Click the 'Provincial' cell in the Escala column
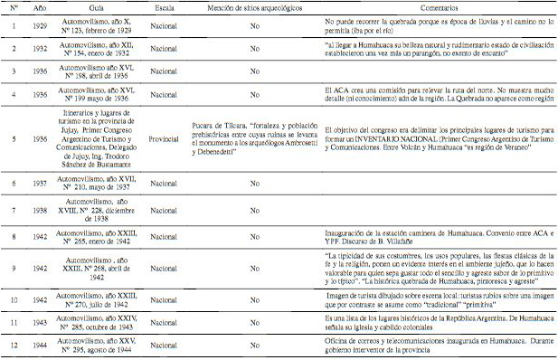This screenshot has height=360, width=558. coord(163,139)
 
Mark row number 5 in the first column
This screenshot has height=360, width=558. coord(13,139)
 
